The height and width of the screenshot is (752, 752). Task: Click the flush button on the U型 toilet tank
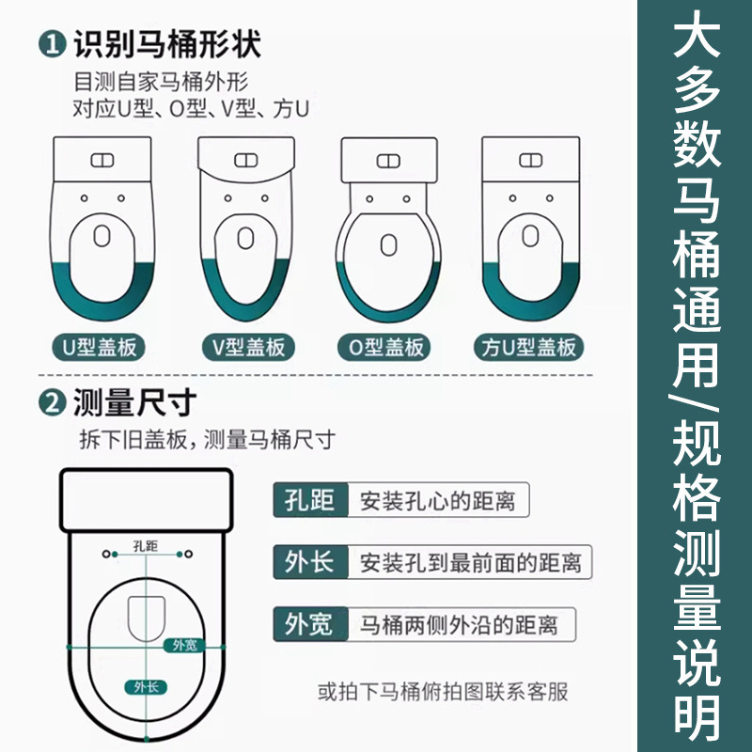(x=102, y=161)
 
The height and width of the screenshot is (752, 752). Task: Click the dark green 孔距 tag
(x=309, y=501)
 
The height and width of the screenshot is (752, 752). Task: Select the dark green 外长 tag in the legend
(x=309, y=562)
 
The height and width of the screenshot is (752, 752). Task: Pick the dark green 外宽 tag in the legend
(x=309, y=623)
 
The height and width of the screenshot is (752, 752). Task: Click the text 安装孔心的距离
(x=437, y=501)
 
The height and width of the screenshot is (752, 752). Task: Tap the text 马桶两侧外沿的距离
(x=462, y=623)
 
